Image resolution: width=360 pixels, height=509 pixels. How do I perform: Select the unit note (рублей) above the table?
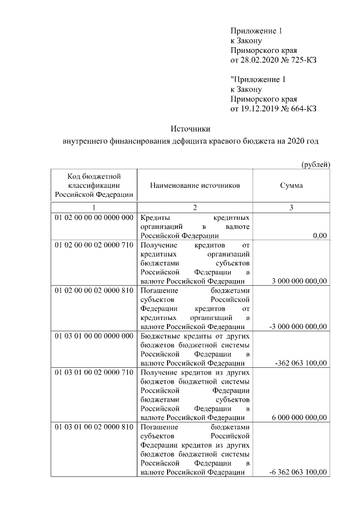[316, 164]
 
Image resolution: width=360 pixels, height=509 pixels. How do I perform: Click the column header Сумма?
[291, 185]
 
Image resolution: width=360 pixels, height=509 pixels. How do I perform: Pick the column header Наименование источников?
[195, 185]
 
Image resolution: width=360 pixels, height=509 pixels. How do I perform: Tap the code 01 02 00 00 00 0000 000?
[93, 217]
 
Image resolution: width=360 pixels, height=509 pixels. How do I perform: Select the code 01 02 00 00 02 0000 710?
[93, 246]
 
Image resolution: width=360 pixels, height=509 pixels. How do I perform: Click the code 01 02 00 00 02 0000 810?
[93, 291]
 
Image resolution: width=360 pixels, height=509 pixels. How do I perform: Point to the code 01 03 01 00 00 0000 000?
[93, 336]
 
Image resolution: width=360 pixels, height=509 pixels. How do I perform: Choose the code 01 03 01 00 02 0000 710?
[93, 372]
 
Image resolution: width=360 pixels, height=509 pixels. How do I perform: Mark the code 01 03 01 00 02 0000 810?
[93, 427]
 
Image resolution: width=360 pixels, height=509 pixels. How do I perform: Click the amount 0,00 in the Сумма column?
[319, 236]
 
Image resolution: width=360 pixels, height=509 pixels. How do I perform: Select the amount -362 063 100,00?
[301, 363]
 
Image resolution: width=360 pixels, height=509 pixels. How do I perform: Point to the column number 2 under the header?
[195, 208]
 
